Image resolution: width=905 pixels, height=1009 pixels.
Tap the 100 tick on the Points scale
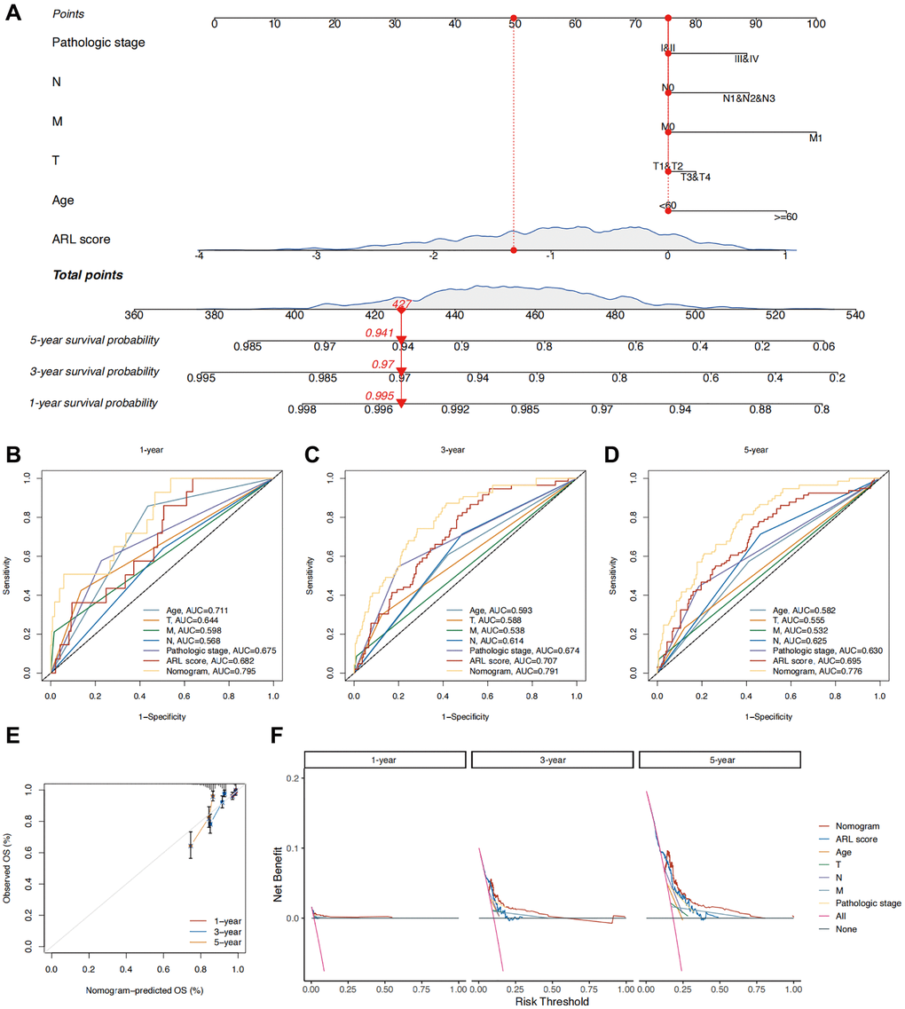[x=815, y=23]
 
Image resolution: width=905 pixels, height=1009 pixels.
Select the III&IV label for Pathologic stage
[x=746, y=59]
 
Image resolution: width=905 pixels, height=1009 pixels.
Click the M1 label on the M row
[x=816, y=138]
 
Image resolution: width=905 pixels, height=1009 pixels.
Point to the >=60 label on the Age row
[x=787, y=216]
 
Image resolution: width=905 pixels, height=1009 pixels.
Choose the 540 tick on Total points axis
[x=854, y=314]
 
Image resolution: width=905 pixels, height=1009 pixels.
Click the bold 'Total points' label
[x=87, y=275]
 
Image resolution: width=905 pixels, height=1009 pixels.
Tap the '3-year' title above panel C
[x=467, y=450]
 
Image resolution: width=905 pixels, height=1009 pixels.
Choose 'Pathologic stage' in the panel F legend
[x=866, y=903]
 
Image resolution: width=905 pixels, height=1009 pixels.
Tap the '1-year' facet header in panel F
[x=385, y=760]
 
